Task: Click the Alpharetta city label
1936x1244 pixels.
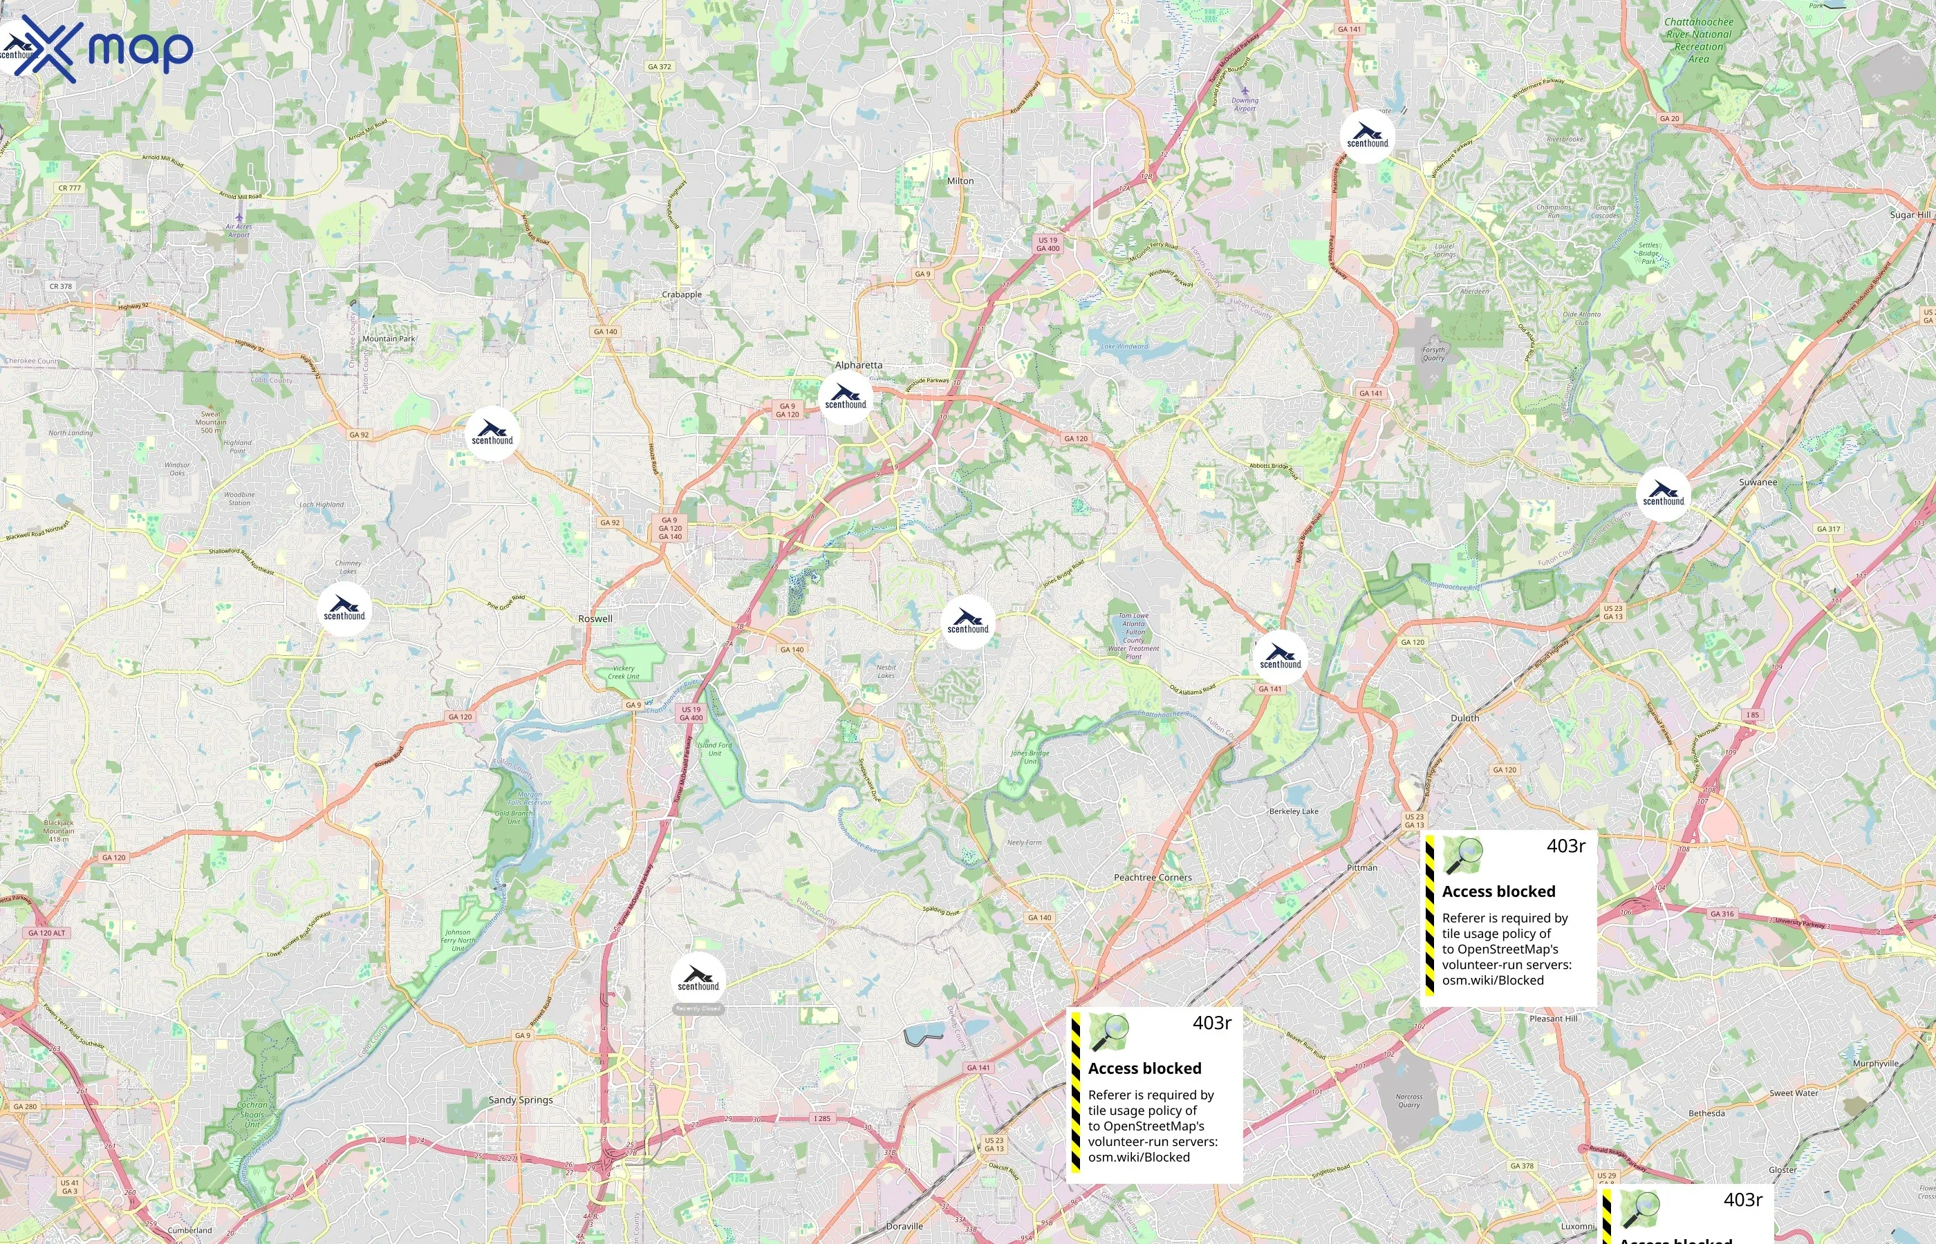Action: click(858, 365)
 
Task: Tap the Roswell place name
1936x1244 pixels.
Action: click(595, 619)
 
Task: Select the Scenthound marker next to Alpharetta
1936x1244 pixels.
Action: click(845, 398)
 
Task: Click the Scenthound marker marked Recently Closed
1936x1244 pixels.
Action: click(698, 979)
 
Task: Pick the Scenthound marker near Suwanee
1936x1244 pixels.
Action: click(1663, 493)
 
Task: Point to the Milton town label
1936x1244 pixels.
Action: click(960, 181)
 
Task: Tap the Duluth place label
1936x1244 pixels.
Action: click(1464, 718)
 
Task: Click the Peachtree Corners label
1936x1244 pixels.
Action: click(1152, 877)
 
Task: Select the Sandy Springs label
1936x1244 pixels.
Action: click(521, 1100)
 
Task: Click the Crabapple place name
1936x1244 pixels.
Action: click(681, 295)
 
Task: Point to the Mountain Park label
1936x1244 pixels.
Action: click(389, 339)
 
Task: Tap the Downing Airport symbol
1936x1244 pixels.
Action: click(1245, 91)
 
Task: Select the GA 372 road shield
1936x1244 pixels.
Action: click(660, 66)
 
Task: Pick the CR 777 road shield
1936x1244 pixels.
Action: click(70, 188)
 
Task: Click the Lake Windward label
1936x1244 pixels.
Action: click(1124, 346)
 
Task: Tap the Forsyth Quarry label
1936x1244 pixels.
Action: click(1433, 354)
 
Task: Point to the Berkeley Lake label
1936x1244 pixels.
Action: click(1293, 811)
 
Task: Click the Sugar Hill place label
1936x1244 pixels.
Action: click(1909, 215)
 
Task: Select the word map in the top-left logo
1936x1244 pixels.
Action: click(140, 48)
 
